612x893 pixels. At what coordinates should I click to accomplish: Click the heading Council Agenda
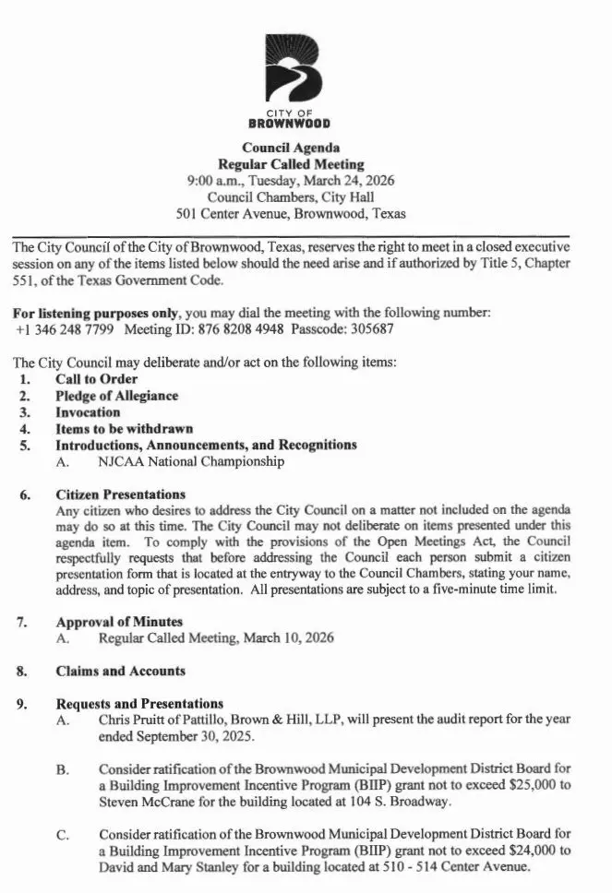(291, 148)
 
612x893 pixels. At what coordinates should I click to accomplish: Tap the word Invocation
(88, 412)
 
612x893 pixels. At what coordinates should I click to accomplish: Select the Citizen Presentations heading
(120, 494)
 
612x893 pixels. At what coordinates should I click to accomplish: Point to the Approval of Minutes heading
(119, 622)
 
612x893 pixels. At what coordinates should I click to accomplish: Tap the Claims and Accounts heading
(120, 672)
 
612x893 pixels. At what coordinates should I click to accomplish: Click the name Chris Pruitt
(130, 720)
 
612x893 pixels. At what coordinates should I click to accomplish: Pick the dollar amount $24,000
(527, 852)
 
